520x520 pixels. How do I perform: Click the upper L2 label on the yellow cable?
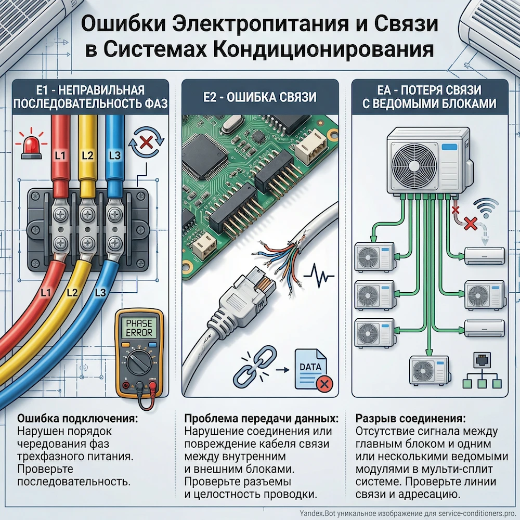coord(87,154)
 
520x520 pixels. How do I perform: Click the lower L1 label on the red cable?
coord(46,293)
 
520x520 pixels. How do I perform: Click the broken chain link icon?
coord(249,368)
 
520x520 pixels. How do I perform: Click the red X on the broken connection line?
coord(470,224)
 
